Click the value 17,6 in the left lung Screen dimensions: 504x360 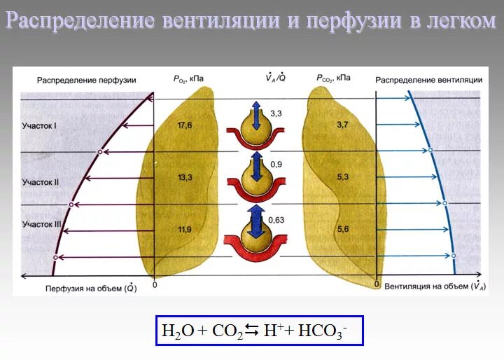(185, 125)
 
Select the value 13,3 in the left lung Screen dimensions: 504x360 (185, 178)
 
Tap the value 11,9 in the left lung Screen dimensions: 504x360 (185, 229)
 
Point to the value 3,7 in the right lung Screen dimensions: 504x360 (342, 125)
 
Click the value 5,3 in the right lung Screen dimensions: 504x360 (342, 177)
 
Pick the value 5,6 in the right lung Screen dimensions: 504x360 (342, 229)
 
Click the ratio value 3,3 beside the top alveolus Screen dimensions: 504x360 (276, 112)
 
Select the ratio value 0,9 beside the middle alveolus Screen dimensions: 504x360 (276, 165)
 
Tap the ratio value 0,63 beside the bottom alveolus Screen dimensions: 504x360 (278, 219)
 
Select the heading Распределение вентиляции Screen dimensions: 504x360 (428, 80)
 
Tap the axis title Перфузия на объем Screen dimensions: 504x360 (90, 287)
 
